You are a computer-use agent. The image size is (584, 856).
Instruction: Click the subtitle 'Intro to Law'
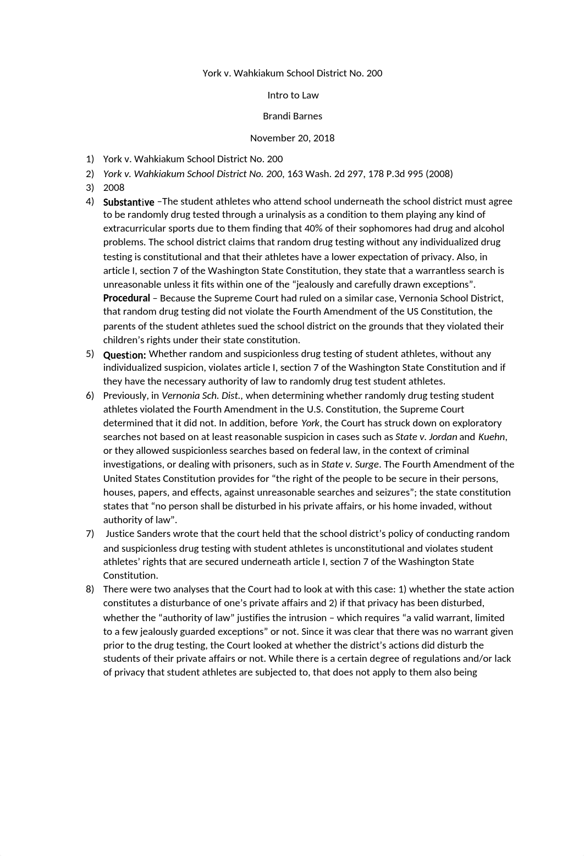293,95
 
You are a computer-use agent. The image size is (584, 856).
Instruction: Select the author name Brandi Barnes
293,116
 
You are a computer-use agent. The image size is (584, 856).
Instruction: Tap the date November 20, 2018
292,138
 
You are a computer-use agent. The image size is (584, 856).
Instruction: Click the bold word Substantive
129,202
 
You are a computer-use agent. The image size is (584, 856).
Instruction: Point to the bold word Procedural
126,298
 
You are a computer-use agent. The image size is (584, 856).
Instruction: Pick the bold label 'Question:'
124,355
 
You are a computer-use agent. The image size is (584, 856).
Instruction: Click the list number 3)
90,188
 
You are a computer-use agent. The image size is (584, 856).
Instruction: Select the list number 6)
90,396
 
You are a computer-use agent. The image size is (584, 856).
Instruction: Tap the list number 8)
90,589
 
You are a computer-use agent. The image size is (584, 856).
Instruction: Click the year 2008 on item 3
114,188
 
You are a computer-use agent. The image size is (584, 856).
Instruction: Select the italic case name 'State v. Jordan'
426,437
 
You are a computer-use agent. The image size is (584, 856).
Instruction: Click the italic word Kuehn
491,437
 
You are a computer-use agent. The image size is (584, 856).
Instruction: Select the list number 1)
90,159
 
